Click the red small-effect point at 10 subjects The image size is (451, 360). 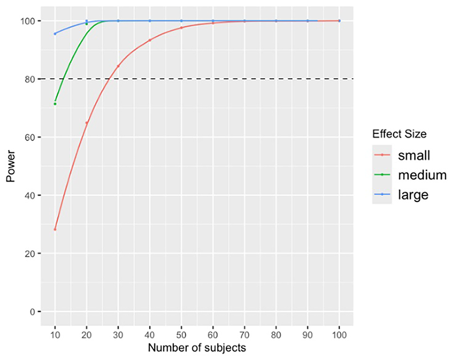pyautogui.click(x=55, y=229)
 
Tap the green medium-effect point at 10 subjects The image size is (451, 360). pyautogui.click(x=55, y=104)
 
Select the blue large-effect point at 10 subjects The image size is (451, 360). pyautogui.click(x=55, y=34)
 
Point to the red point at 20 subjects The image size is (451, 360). pyautogui.click(x=86, y=123)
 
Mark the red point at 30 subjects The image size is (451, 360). pyautogui.click(x=118, y=66)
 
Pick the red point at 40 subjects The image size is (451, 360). pyautogui.click(x=150, y=40)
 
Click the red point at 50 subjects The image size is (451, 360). pyautogui.click(x=181, y=28)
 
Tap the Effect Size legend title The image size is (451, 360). pyautogui.click(x=399, y=134)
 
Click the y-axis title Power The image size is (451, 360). pyautogui.click(x=11, y=166)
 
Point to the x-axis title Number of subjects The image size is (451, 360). pyautogui.click(x=197, y=348)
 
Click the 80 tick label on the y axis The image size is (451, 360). pyautogui.click(x=30, y=79)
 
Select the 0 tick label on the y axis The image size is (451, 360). pyautogui.click(x=32, y=312)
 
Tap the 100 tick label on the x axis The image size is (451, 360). pyautogui.click(x=339, y=335)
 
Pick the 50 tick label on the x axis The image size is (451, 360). pyautogui.click(x=181, y=335)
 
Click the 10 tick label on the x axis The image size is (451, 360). pyautogui.click(x=55, y=335)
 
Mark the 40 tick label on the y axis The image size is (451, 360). pyautogui.click(x=30, y=195)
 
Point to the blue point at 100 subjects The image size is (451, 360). pyautogui.click(x=339, y=21)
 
